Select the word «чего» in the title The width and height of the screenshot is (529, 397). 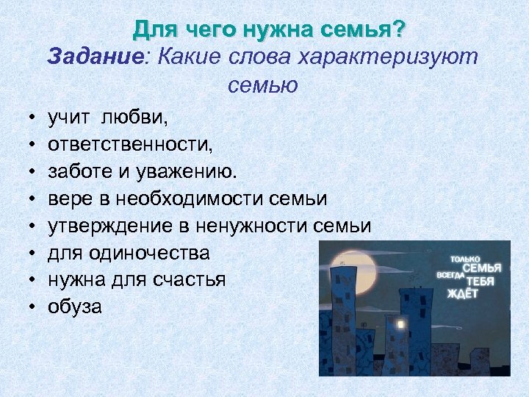(x=201, y=31)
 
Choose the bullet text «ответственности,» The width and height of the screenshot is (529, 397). (x=130, y=144)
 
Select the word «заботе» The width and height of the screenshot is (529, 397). (x=79, y=171)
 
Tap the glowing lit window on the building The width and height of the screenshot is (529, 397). (x=401, y=324)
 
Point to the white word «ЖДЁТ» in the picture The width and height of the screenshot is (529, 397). (x=462, y=293)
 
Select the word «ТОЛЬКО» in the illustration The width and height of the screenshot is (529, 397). (x=465, y=259)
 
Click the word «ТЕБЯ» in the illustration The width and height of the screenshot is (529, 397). (x=479, y=281)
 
